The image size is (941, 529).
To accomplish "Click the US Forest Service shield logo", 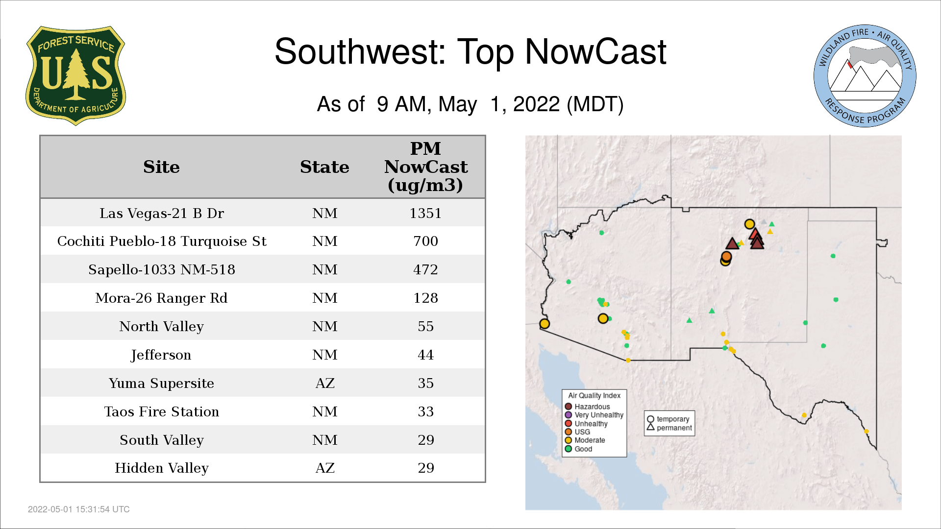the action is pos(75,75).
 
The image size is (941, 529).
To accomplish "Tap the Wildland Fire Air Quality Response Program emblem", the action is pos(865,76).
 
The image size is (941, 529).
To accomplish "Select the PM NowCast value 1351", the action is pos(425,213).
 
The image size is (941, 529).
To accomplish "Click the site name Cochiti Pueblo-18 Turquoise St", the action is pos(162,241).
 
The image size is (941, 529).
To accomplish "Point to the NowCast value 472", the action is pos(425,269).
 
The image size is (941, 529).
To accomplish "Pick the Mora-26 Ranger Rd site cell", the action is pos(161,298).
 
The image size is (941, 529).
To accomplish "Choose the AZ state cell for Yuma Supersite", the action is pos(325,383).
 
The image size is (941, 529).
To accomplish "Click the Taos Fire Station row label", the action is pos(161,411).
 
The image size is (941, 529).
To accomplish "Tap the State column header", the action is pos(324,167).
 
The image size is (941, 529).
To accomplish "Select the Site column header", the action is pos(161,167).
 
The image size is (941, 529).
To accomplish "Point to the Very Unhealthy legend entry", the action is pos(594,415).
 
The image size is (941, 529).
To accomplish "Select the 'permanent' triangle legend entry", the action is pos(669,428).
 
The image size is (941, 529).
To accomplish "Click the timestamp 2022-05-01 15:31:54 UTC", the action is pos(79,509).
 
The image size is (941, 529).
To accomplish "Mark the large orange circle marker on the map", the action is pos(726,256).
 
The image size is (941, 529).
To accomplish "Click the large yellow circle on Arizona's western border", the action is pos(545,323).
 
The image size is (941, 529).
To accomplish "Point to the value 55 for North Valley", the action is pos(425,326).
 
